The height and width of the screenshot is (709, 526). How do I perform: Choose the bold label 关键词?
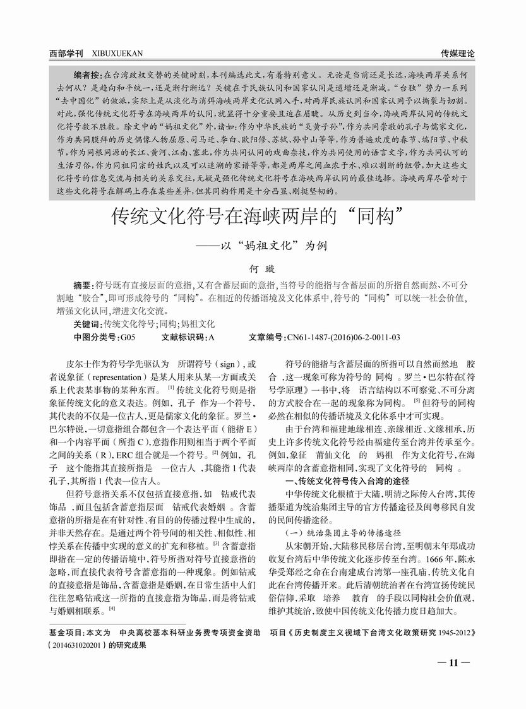coord(88,324)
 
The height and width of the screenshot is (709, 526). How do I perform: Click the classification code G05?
coord(128,337)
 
